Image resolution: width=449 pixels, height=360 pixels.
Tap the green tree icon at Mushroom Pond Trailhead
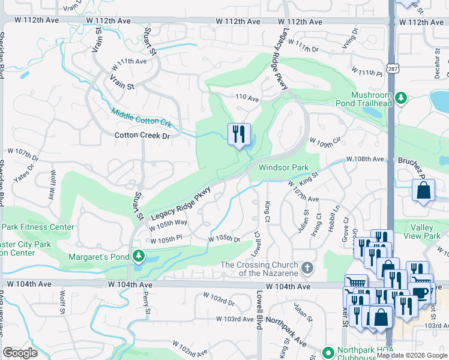(400, 96)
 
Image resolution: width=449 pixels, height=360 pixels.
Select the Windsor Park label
(283, 169)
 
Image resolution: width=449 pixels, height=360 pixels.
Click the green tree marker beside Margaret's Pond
(139, 256)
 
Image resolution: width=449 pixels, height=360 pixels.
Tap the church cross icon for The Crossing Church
(307, 266)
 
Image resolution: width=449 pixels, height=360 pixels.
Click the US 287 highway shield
(391, 68)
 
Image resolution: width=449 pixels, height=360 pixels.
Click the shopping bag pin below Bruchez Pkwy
(424, 191)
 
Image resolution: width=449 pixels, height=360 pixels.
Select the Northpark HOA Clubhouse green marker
(328, 352)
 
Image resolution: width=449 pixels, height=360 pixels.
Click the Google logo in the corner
(20, 353)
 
